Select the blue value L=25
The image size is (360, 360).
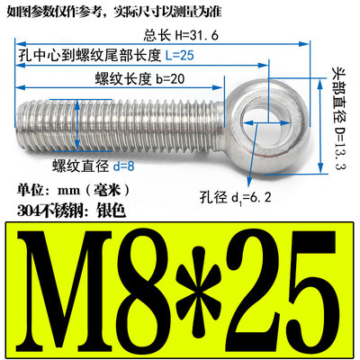[x=208, y=56]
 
